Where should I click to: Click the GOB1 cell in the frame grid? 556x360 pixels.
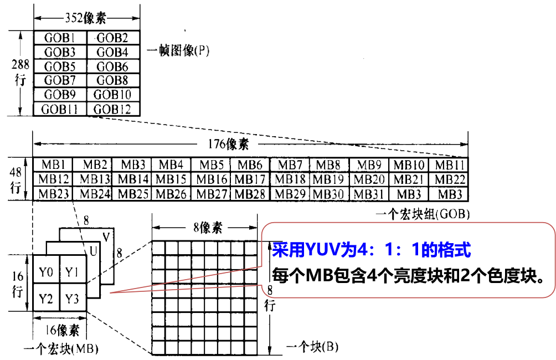pos(60,38)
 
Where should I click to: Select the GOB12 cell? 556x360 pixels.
pos(112,109)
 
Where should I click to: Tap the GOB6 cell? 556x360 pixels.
pos(112,66)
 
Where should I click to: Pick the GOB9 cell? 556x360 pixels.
pos(60,95)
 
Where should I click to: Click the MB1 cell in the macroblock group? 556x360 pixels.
pos(53,165)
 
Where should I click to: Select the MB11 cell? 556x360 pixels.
pos(448,165)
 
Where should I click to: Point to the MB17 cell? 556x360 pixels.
pos(250,179)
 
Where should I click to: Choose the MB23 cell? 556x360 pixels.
pos(53,194)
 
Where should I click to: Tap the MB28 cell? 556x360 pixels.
pos(250,194)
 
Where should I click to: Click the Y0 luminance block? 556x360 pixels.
pos(46,272)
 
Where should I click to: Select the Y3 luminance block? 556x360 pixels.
pos(73,299)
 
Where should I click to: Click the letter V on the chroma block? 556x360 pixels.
pos(106,238)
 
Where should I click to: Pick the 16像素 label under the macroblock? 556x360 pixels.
pos(61,331)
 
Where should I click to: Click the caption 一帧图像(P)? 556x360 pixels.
pos(178,51)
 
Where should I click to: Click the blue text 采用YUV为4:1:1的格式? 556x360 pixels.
pos(371,250)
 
